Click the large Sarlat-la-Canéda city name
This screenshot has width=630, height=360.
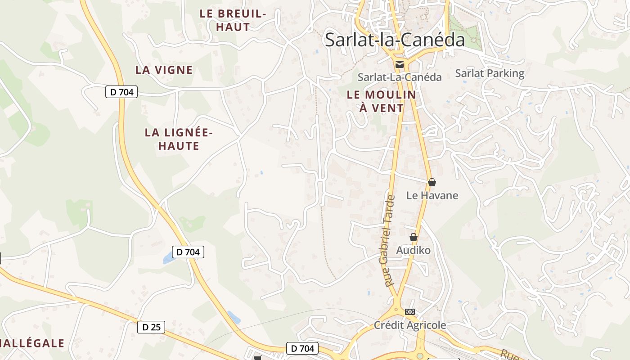tap(395, 40)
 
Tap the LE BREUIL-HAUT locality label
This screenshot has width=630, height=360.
tap(233, 20)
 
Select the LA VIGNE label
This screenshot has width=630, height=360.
tap(164, 70)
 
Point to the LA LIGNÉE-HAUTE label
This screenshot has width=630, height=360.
tap(179, 139)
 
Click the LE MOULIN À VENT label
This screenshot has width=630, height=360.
tap(382, 101)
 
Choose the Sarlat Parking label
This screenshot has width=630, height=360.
tap(490, 73)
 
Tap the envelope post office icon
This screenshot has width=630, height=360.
tap(400, 64)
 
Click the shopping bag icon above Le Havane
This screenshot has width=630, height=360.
tap(432, 182)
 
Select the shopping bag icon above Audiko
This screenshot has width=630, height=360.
tap(414, 237)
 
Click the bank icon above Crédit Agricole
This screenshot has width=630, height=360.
tap(409, 311)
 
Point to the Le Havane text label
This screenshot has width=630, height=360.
tap(432, 195)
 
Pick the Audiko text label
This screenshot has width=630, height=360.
tap(413, 250)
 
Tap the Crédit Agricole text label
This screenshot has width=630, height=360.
tap(410, 325)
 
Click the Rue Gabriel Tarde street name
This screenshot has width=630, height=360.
tap(390, 241)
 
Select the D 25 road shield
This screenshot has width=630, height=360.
tap(151, 327)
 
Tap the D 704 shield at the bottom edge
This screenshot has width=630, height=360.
tap(302, 348)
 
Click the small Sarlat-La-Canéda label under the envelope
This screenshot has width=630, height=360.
tap(400, 77)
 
